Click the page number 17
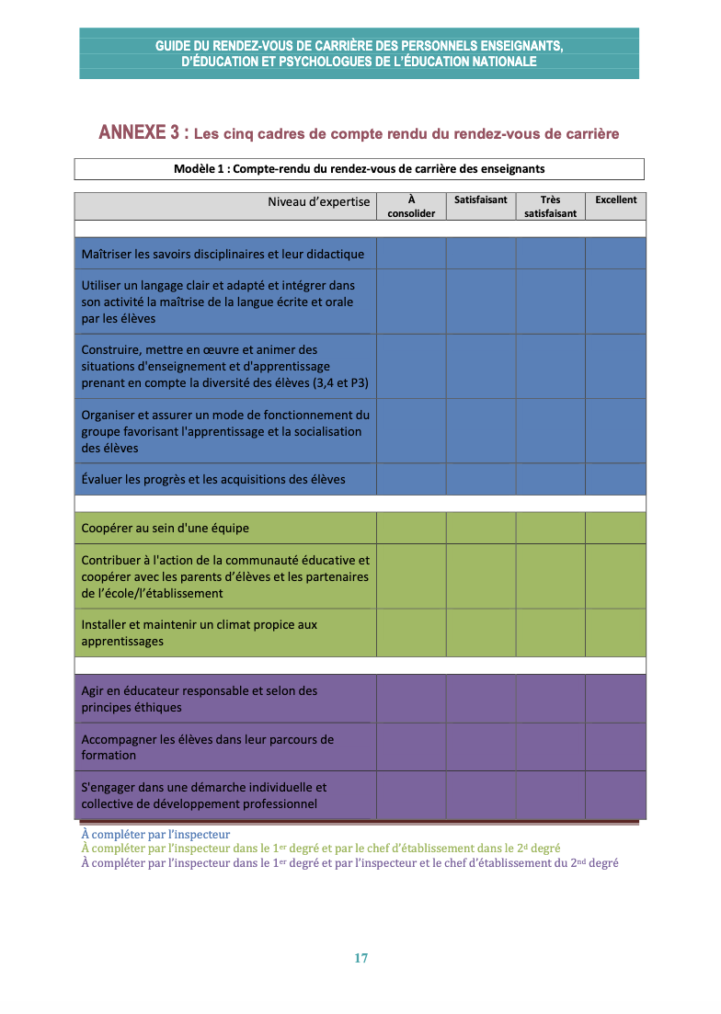[360, 958]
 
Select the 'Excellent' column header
[615, 200]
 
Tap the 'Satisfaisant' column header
[480, 199]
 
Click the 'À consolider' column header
[411, 206]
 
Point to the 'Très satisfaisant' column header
[550, 206]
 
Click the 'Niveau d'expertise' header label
[319, 201]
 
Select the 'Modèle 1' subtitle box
[359, 168]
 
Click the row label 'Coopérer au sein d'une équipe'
[166, 528]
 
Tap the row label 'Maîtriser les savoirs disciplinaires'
[223, 254]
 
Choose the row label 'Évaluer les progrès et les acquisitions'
[213, 479]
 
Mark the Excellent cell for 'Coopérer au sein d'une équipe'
[615, 528]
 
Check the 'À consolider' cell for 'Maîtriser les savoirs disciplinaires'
[411, 254]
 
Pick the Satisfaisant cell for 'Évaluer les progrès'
[480, 479]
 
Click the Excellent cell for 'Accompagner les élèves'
[615, 746]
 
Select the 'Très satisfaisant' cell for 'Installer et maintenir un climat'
[550, 632]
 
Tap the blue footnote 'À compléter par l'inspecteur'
[155, 835]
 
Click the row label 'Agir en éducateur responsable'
[200, 699]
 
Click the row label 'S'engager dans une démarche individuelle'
[204, 795]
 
